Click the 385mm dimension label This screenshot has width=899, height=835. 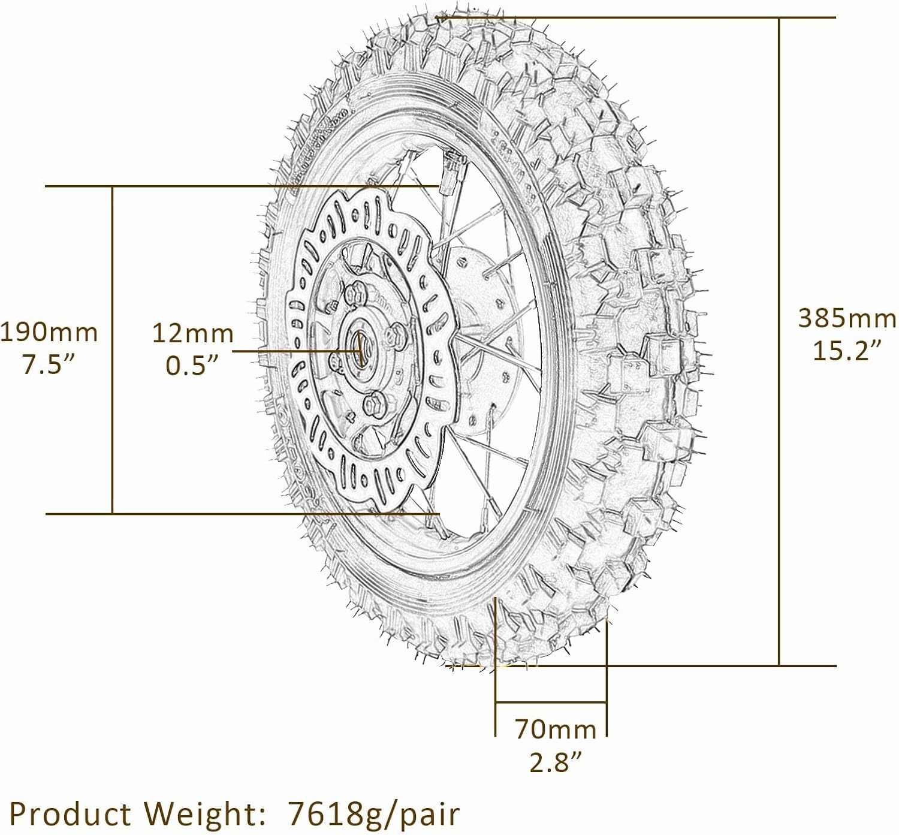click(x=846, y=318)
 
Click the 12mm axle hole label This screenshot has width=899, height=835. click(x=192, y=333)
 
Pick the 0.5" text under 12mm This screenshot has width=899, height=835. click(x=192, y=365)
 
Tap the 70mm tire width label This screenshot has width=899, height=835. click(x=556, y=730)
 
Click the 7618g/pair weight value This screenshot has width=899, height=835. click(x=374, y=814)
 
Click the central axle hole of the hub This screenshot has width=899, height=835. click(x=361, y=349)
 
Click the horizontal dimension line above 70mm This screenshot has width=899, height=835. click(x=551, y=701)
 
